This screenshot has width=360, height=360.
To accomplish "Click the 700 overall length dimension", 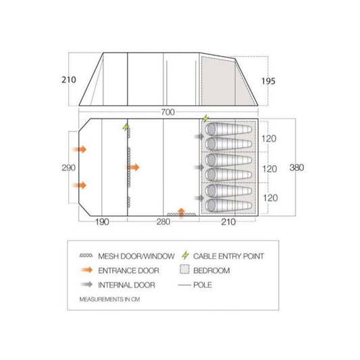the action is (168, 112).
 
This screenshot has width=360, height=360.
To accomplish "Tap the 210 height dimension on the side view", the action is (69, 80).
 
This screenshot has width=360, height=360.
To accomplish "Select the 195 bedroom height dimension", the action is (268, 81).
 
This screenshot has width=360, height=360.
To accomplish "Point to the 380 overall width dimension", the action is (297, 168).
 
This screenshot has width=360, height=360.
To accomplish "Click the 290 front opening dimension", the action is (68, 168).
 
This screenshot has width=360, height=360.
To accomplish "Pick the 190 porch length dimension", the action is (102, 222).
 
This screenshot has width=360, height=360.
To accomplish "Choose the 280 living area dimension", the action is (163, 222).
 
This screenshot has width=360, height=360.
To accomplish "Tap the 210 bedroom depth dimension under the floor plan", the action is (228, 222).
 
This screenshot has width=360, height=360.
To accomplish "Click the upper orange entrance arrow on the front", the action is (80, 149).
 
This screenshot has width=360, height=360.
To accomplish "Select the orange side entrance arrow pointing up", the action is (182, 213).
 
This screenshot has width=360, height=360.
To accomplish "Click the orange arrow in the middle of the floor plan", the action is (133, 168).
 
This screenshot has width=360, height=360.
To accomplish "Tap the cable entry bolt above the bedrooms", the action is (205, 118).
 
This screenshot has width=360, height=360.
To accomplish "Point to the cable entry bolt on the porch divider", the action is (126, 127).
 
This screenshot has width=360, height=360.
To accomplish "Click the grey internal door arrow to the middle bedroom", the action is (199, 167).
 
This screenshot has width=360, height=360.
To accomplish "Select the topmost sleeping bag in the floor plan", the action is (229, 129).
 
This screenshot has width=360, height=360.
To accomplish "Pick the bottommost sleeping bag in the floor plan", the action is (229, 205).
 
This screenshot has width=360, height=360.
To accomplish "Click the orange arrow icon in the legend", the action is (86, 270).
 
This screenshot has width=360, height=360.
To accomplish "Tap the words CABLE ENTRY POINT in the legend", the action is (229, 256).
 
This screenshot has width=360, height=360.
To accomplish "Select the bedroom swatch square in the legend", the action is (184, 269).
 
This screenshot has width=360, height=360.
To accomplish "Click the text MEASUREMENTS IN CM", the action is (109, 299).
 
